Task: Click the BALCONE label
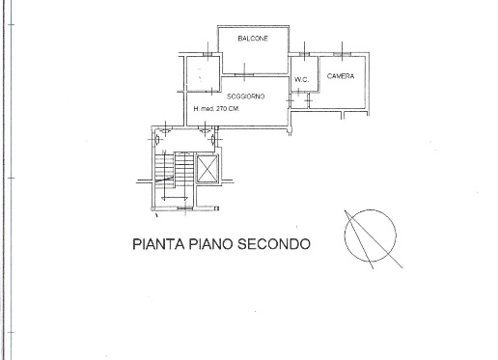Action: [x=252, y=39]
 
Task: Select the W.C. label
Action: [x=300, y=79]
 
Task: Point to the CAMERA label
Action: [x=340, y=75]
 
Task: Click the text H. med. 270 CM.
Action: [x=216, y=108]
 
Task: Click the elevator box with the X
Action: [x=207, y=171]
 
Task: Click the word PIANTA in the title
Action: [x=157, y=244]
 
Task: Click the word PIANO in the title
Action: [x=212, y=244]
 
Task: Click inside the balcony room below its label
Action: [x=252, y=56]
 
